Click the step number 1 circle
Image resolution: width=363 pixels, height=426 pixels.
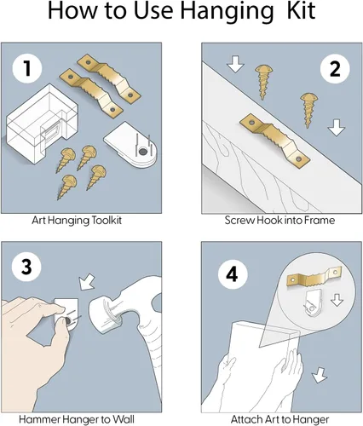[27, 68]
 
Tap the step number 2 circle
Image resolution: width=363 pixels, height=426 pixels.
[335, 69]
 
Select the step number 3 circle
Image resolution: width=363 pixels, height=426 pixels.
[26, 267]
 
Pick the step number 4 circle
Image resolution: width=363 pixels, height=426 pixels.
[233, 274]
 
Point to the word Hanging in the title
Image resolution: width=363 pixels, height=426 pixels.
[226, 13]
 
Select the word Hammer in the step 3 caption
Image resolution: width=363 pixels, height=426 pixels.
[40, 419]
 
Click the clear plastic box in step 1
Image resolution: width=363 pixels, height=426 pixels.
[42, 124]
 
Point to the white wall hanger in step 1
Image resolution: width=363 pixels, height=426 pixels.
[130, 144]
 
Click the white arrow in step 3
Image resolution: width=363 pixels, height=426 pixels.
[87, 282]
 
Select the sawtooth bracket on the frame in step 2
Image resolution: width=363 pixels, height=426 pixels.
[274, 141]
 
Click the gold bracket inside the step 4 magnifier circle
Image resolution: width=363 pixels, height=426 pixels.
[314, 276]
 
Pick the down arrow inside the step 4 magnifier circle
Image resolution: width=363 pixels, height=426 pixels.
[337, 300]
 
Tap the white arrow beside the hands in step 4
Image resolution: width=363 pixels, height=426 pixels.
[320, 375]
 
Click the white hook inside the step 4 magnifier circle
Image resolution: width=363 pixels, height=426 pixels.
[312, 303]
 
